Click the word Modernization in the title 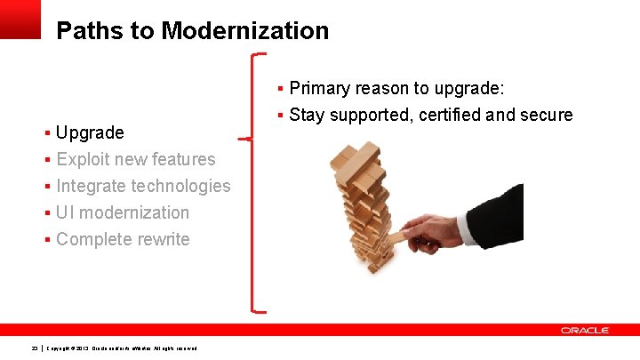point(244,31)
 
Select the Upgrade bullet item point(90,133)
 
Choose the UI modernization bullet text point(123,213)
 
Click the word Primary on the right point(320,89)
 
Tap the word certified point(447,115)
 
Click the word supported point(367,115)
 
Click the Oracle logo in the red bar point(584,331)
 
